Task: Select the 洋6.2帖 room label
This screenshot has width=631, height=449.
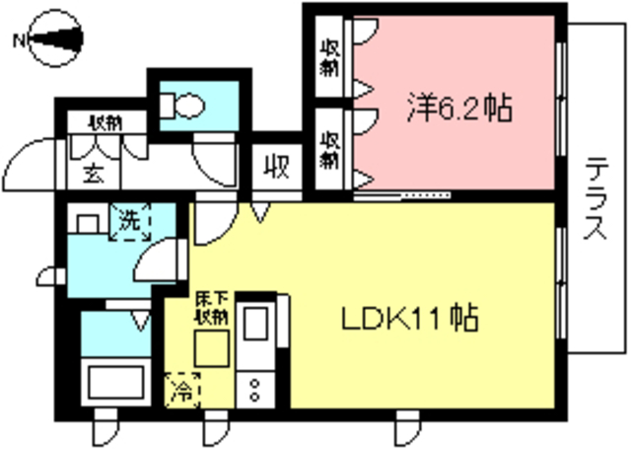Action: tap(459, 108)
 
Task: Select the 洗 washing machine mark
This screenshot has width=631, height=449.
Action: tap(129, 219)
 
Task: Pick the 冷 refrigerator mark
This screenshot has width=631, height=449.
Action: tap(183, 389)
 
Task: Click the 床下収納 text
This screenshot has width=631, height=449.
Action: tap(210, 307)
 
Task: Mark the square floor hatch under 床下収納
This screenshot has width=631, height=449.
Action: tap(211, 348)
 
